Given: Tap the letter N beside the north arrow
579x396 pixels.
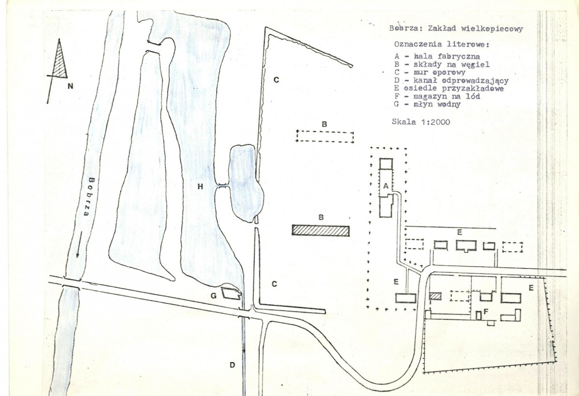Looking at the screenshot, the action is pyautogui.click(x=70, y=86).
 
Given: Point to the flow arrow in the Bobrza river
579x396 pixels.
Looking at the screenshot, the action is pyautogui.click(x=78, y=245).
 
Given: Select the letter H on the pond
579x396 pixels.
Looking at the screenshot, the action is pyautogui.click(x=200, y=187).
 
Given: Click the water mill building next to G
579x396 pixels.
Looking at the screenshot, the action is pyautogui.click(x=231, y=293).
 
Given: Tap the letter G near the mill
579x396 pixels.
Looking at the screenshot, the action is pyautogui.click(x=214, y=296).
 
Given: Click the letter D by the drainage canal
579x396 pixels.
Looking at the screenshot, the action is pyautogui.click(x=232, y=365).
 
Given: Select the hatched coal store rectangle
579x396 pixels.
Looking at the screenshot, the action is pyautogui.click(x=320, y=231).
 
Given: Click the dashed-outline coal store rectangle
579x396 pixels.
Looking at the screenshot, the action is pyautogui.click(x=325, y=137).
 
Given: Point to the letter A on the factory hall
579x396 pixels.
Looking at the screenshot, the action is pyautogui.click(x=386, y=186).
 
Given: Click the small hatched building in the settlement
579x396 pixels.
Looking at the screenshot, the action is pyautogui.click(x=435, y=296).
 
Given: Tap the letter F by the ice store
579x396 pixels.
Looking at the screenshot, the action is pyautogui.click(x=486, y=312).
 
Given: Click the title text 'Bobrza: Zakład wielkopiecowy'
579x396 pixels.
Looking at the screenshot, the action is pyautogui.click(x=456, y=29).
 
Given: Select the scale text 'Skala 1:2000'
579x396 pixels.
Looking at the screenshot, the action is pyautogui.click(x=421, y=122).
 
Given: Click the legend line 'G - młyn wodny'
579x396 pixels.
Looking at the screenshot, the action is pyautogui.click(x=427, y=104).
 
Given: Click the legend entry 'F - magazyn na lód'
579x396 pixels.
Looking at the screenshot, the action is pyautogui.click(x=437, y=96).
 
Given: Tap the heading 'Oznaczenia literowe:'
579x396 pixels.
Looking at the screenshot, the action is pyautogui.click(x=442, y=44).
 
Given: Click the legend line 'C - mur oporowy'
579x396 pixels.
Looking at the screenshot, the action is pyautogui.click(x=430, y=72).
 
